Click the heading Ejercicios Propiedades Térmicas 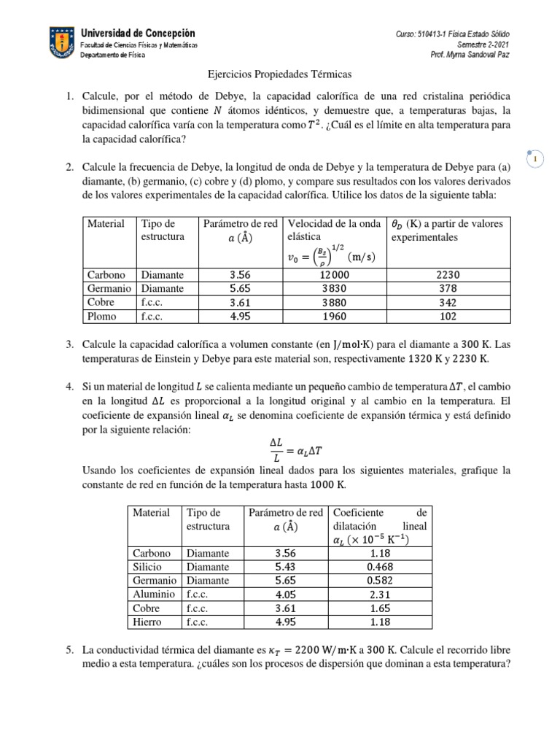[x=280, y=74]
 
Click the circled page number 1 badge [x=535, y=158]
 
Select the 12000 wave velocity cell [x=335, y=275]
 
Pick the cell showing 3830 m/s [x=335, y=289]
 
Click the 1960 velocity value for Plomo [x=335, y=316]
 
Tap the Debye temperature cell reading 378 [x=448, y=289]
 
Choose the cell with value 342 [x=448, y=302]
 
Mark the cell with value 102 [x=448, y=316]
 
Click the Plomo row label [x=101, y=316]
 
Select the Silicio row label [x=147, y=567]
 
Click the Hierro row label [x=147, y=622]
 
